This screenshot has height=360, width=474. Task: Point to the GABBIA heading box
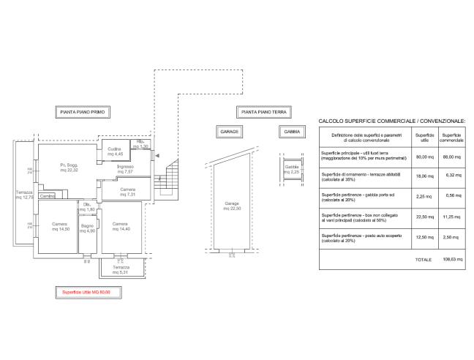[x=292, y=132]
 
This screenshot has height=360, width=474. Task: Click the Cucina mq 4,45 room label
[x=115, y=151]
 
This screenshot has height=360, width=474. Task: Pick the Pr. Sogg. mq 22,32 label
[x=70, y=170]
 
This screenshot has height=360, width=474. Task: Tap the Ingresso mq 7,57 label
[x=124, y=169]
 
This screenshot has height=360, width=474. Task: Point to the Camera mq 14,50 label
[x=59, y=225]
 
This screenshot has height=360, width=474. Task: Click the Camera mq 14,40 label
[x=120, y=225]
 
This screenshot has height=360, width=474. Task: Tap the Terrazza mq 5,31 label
[x=121, y=270]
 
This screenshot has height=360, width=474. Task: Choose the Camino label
[x=48, y=196]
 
